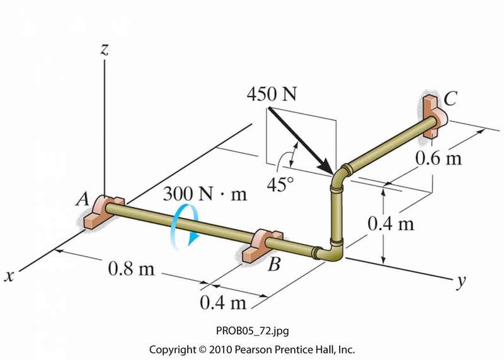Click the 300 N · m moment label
pos(205,194)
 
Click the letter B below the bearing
pos(273,265)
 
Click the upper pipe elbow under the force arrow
pos(341,175)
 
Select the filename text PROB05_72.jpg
pos(251,330)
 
